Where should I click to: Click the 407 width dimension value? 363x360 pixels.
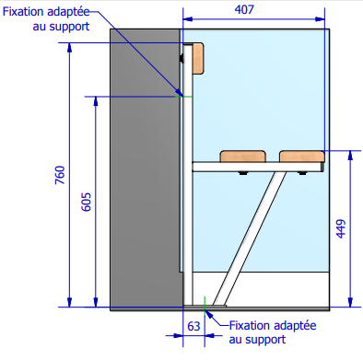tap(255, 9)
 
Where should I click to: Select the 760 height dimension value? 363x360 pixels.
tap(60, 175)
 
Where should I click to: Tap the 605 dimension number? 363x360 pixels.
tap(87, 204)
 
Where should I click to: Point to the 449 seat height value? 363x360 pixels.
tap(341, 227)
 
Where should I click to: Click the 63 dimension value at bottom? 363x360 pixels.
tap(193, 326)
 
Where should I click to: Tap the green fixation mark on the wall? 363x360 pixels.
tap(186, 96)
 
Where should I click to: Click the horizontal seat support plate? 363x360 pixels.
tap(258, 167)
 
